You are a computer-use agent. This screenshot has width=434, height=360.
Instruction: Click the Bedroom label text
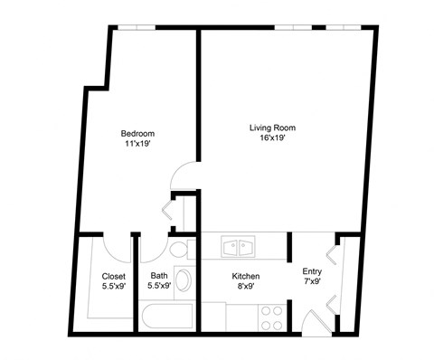137,133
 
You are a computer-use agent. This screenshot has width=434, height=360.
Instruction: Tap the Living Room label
272,128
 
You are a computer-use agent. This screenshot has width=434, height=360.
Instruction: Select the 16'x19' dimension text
272,139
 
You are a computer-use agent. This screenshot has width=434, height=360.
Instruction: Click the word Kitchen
247,276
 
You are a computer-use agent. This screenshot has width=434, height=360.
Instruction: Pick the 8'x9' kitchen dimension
247,287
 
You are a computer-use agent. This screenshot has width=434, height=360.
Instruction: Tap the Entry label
312,270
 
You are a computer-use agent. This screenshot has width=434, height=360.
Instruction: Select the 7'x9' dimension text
312,281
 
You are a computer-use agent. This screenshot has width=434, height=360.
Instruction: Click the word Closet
113,276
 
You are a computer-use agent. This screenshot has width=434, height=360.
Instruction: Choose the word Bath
159,276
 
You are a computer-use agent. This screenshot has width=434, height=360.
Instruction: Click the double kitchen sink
240,246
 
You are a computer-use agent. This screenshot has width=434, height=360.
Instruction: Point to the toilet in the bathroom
178,249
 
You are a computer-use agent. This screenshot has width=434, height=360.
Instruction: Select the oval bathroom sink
183,279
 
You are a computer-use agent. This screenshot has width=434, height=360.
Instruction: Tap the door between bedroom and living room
185,176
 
